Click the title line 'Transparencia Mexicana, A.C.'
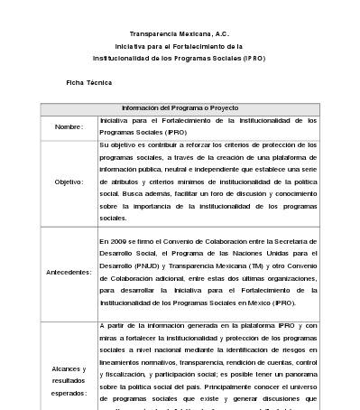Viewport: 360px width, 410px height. coord(180,32)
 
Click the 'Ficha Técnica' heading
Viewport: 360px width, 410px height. coord(88,81)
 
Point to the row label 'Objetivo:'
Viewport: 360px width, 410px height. coord(69,181)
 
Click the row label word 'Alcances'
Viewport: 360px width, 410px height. coord(69,369)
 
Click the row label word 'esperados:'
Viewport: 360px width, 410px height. coord(69,395)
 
